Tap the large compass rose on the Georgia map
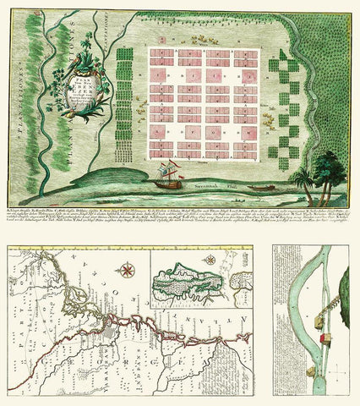click(x=128, y=272)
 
